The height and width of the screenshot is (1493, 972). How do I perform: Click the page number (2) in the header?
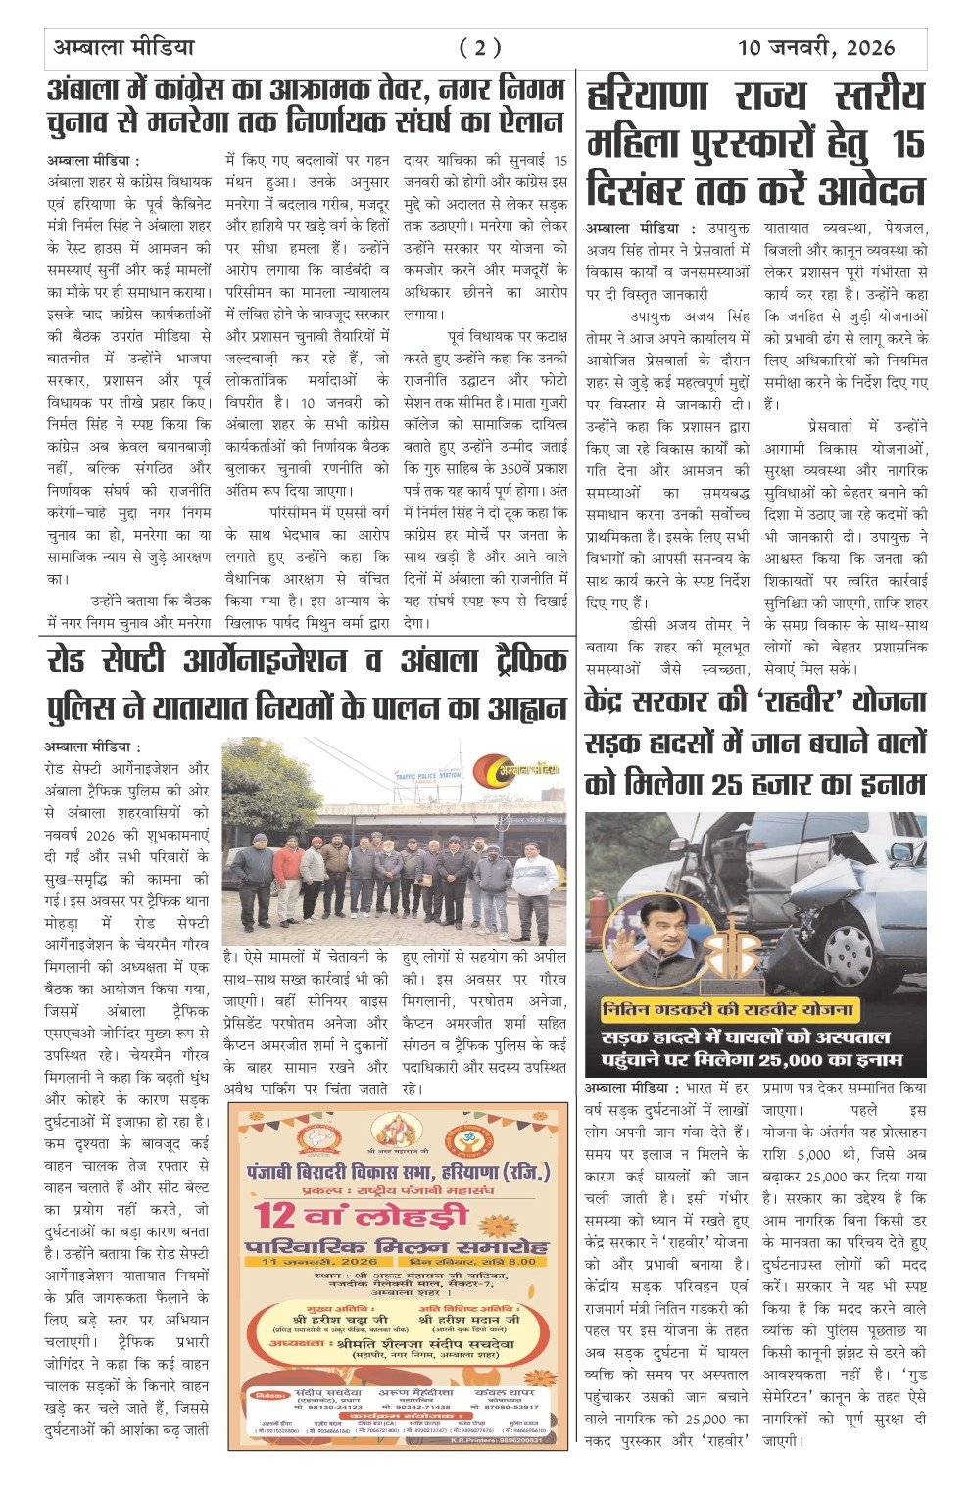coord(480,47)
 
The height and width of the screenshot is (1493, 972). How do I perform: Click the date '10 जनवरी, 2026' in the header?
coord(816,47)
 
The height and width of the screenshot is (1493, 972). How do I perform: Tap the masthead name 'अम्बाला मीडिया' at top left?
coord(122,47)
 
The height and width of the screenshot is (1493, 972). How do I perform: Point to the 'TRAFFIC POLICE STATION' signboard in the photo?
coord(426,775)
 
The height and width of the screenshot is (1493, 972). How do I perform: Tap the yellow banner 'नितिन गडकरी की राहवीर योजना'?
coord(727,1009)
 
